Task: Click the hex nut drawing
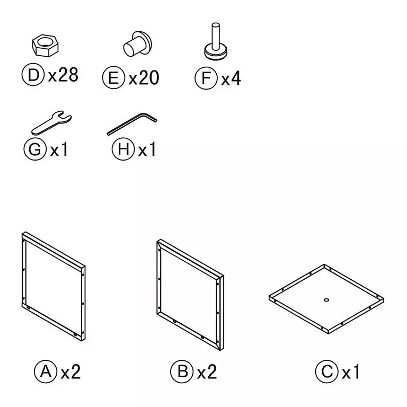[45, 46]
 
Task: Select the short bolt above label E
[137, 44]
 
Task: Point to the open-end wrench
[51, 123]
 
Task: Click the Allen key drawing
[132, 124]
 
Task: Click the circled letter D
[33, 75]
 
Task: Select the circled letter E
[113, 77]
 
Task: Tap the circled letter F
[206, 78]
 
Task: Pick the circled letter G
[35, 149]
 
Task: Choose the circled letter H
[123, 149]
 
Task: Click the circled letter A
[46, 371]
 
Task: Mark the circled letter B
[182, 371]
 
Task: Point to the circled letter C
[327, 371]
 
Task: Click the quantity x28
[64, 75]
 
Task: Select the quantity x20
[144, 77]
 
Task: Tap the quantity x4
[231, 78]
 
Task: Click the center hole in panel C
[326, 300]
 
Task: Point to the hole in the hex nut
[45, 41]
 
